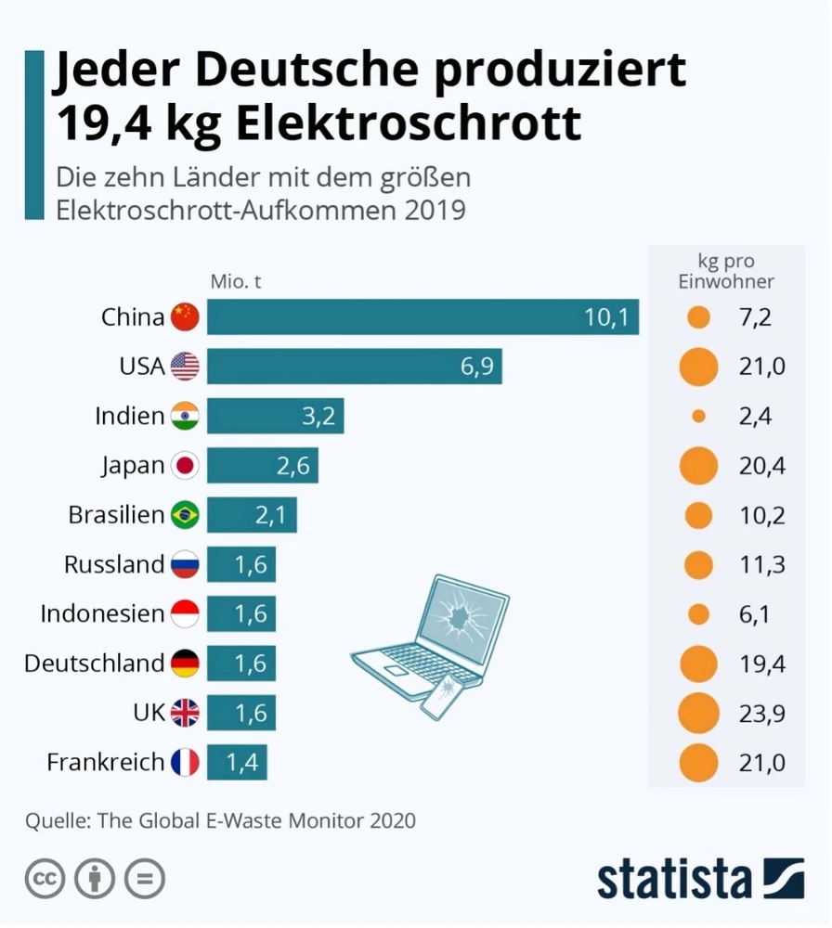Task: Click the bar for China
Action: (x=422, y=317)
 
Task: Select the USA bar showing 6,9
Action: (x=354, y=367)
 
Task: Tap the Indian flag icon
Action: (x=186, y=417)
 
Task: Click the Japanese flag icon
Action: (x=186, y=466)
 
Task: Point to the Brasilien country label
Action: (x=116, y=515)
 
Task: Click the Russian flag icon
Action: (x=186, y=564)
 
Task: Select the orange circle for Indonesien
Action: (x=698, y=613)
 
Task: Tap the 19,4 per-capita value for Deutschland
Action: (x=761, y=664)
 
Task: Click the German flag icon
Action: (x=186, y=664)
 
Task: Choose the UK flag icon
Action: (x=186, y=713)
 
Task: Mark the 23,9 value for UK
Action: (x=761, y=713)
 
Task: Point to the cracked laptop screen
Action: (x=461, y=621)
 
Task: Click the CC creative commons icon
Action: (x=45, y=878)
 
